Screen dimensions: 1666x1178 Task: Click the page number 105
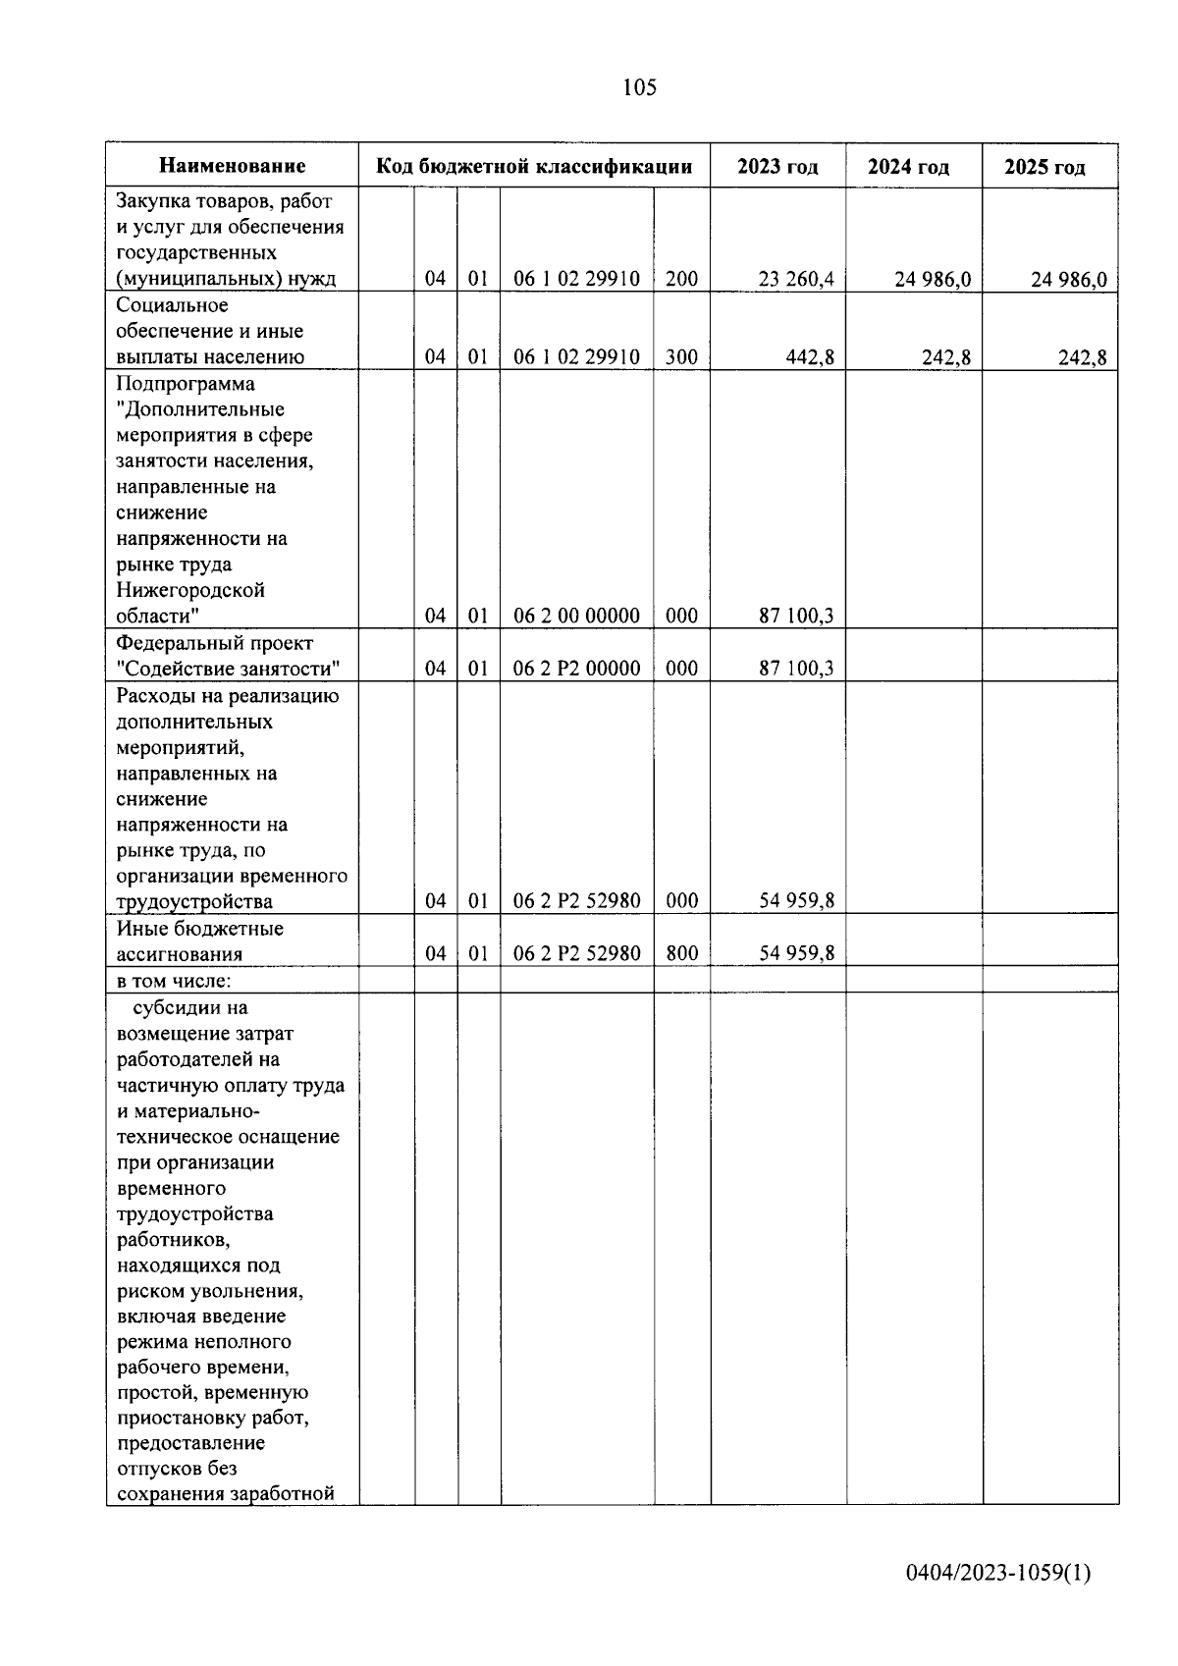pyautogui.click(x=639, y=88)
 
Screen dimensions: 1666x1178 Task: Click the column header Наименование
pyautogui.click(x=233, y=166)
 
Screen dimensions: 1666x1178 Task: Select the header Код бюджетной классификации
pyautogui.click(x=534, y=166)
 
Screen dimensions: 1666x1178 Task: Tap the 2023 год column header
pyautogui.click(x=777, y=166)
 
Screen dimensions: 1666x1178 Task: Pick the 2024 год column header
pyautogui.click(x=908, y=167)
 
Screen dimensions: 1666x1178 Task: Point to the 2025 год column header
pyautogui.click(x=1044, y=167)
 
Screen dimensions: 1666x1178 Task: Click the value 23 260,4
pyautogui.click(x=795, y=279)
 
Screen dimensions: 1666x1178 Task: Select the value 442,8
pyautogui.click(x=810, y=357)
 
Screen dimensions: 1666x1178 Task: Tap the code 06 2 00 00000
pyautogui.click(x=576, y=616)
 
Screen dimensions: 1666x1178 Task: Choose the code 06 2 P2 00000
pyautogui.click(x=576, y=669)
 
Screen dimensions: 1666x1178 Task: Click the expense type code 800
pyautogui.click(x=681, y=953)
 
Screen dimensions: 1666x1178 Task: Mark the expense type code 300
pyautogui.click(x=681, y=357)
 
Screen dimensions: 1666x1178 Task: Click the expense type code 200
pyautogui.click(x=681, y=279)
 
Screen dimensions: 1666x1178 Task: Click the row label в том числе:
pyautogui.click(x=174, y=980)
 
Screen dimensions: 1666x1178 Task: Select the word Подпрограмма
pyautogui.click(x=186, y=383)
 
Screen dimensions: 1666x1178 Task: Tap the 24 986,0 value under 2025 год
pyautogui.click(x=1068, y=280)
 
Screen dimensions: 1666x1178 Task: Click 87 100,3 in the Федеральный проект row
pyautogui.click(x=795, y=669)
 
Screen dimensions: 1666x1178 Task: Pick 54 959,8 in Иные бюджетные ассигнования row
pyautogui.click(x=796, y=953)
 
